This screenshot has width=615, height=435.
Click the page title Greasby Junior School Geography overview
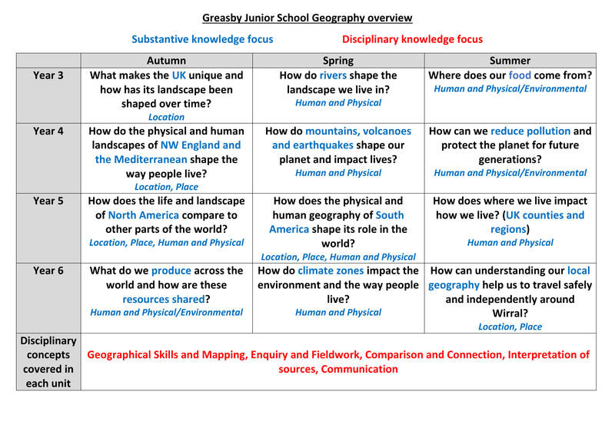307,18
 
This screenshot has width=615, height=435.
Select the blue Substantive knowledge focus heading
202,39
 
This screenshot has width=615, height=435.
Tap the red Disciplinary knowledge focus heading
412,39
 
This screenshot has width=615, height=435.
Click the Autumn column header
166,60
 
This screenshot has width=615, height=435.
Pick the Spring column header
338,60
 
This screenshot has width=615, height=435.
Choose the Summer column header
510,60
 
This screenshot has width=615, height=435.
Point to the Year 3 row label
48,75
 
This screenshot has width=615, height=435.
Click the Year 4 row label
48,131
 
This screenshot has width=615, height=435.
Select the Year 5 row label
48,201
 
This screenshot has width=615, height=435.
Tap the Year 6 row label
48,271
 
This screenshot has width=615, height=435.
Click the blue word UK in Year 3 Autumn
179,75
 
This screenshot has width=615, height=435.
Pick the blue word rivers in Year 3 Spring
333,75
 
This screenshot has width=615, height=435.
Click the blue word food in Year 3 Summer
520,75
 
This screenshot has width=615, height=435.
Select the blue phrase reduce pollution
530,131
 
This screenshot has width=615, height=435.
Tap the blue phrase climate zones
334,271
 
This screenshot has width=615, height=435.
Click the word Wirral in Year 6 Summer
510,313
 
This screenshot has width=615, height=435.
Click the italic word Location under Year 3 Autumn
166,118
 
